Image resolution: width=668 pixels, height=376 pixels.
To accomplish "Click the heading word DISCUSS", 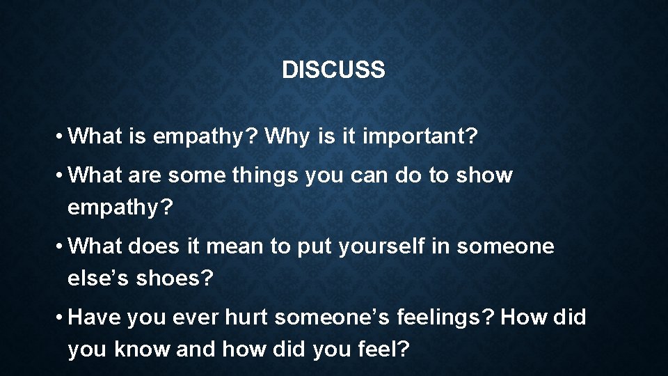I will coord(333,70).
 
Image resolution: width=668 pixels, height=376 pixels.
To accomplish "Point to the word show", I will coord(484,175).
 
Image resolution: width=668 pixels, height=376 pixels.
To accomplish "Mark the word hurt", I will coord(247,318).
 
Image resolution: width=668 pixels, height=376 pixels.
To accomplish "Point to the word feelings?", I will coord(445,318).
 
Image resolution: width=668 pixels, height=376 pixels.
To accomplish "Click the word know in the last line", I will coord(143,350).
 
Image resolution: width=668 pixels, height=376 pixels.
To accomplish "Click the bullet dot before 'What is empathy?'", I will coord(62,136).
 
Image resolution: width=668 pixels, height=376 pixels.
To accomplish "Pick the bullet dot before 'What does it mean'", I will coord(62,247).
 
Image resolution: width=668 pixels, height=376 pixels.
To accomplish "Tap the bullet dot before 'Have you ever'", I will coord(62,318).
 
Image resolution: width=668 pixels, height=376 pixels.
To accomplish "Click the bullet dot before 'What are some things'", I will coord(62,176).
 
